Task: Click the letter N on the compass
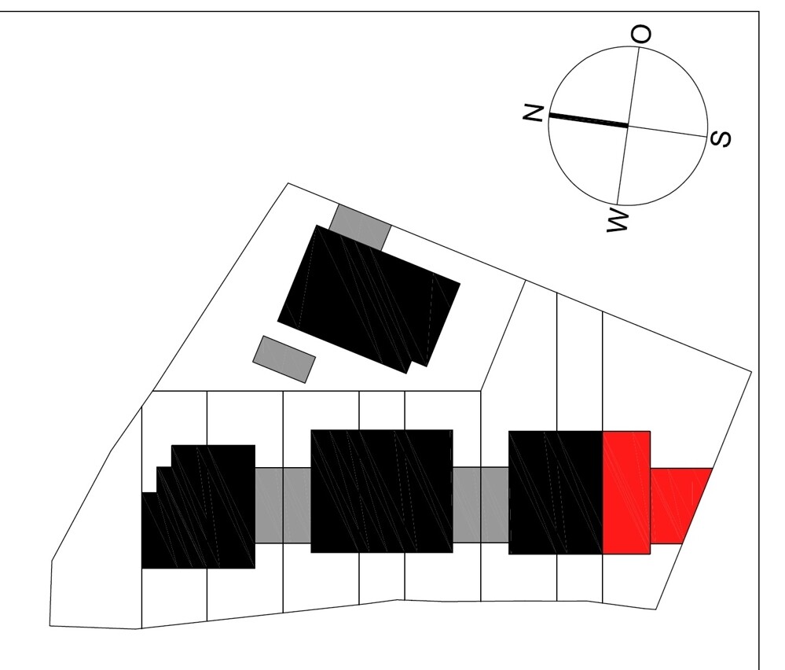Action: [x=534, y=113]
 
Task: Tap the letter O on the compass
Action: [x=641, y=35]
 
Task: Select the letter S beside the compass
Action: [x=721, y=139]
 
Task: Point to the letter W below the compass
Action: [x=618, y=221]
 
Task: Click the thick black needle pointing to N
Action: [x=589, y=120]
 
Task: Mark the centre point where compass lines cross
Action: [x=628, y=126]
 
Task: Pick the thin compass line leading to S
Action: [x=668, y=131]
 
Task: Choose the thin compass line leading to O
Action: [x=633, y=87]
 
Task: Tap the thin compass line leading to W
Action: [x=622, y=165]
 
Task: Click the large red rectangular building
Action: [x=626, y=492]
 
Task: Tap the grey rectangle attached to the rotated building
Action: [x=360, y=226]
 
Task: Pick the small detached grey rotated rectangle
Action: [x=284, y=359]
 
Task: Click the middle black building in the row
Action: [x=382, y=491]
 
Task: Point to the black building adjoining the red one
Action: [x=556, y=492]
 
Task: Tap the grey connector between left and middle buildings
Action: [x=284, y=505]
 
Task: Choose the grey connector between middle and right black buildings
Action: [x=481, y=505]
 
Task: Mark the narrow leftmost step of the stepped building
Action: [x=149, y=530]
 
